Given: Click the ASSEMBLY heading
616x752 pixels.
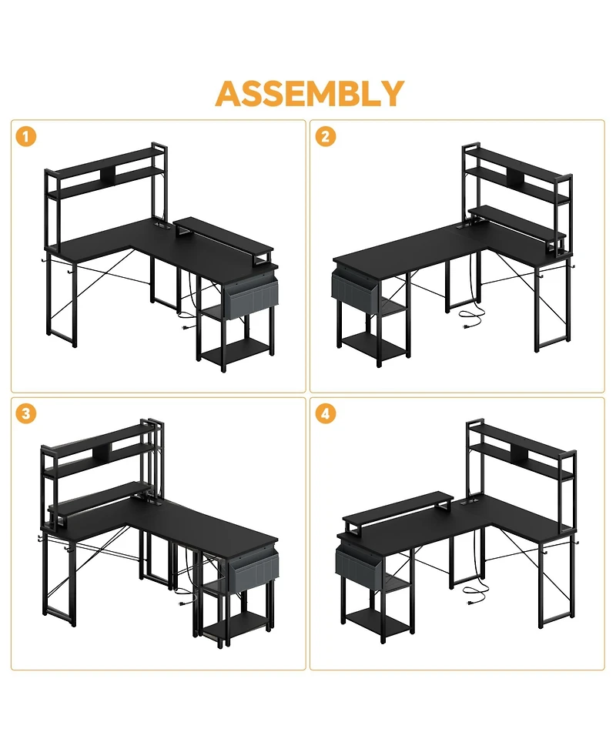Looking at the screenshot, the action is pos(310,93).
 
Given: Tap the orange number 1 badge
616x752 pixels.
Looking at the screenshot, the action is pos(26,137).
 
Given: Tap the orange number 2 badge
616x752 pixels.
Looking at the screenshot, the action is pos(325,137).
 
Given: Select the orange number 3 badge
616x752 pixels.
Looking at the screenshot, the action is pos(26,413).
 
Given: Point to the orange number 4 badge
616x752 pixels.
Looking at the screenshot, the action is pos(325,413).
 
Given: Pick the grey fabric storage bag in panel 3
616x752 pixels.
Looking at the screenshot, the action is pos(254,572).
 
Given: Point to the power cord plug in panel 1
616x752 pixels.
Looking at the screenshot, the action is pos(184,328).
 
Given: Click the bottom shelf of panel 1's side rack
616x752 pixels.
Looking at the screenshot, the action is pos(235,351).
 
